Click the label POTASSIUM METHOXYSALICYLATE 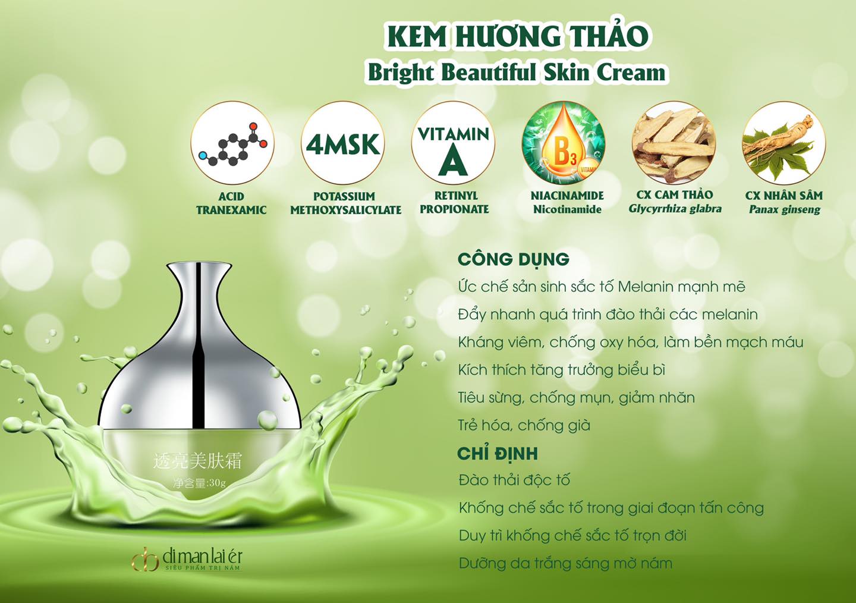coord(346,203)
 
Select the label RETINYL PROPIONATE coord(455,202)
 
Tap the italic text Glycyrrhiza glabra coord(675,209)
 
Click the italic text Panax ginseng coord(785,209)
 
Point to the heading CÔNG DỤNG coord(513,259)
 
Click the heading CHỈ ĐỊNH coord(498,454)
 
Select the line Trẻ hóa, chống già coord(524,426)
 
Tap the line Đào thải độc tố coord(514,480)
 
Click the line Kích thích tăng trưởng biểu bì coord(562,370)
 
